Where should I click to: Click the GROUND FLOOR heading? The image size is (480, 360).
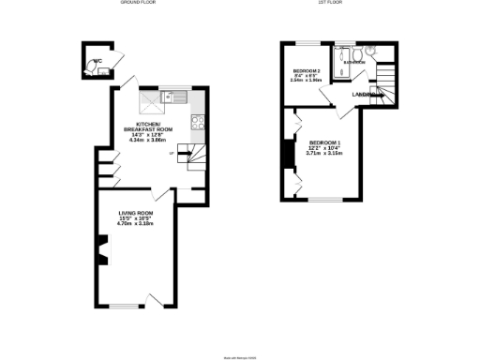tap(137, 4)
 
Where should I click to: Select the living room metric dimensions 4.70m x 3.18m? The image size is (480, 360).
tap(135, 225)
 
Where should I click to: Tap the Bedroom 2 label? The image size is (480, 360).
tap(307, 72)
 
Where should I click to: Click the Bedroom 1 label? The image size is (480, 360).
tap(325, 142)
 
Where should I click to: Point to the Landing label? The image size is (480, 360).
tap(366, 95)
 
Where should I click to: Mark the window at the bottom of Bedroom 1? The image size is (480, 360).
tap(324, 200)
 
